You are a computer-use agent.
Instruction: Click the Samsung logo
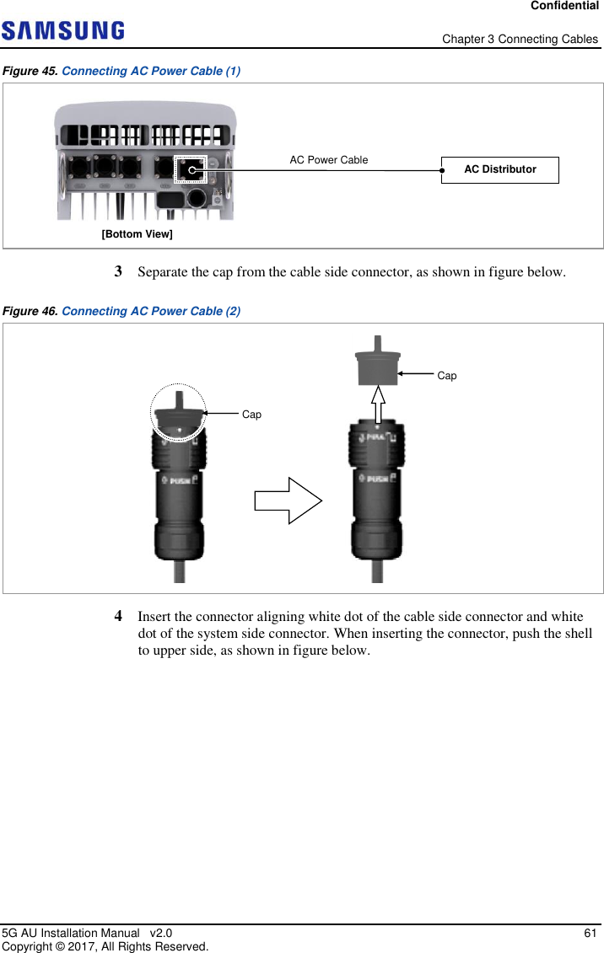coord(63,31)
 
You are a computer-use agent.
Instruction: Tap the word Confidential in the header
coord(565,6)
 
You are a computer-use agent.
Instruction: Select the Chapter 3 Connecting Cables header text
coord(520,40)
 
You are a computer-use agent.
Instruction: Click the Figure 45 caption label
coord(32,71)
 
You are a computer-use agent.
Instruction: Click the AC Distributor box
coord(499,169)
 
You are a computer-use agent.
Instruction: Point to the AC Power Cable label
coord(329,159)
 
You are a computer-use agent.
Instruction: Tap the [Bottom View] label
coord(137,233)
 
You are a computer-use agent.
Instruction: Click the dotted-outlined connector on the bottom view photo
coord(191,169)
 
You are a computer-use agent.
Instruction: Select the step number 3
coord(119,272)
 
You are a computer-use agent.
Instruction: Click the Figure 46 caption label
coord(32,311)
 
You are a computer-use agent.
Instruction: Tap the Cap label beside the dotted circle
coord(251,415)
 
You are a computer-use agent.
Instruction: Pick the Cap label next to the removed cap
coord(447,376)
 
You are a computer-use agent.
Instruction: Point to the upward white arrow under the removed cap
coord(379,404)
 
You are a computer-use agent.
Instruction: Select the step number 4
coord(119,616)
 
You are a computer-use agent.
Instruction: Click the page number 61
coord(591,933)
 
